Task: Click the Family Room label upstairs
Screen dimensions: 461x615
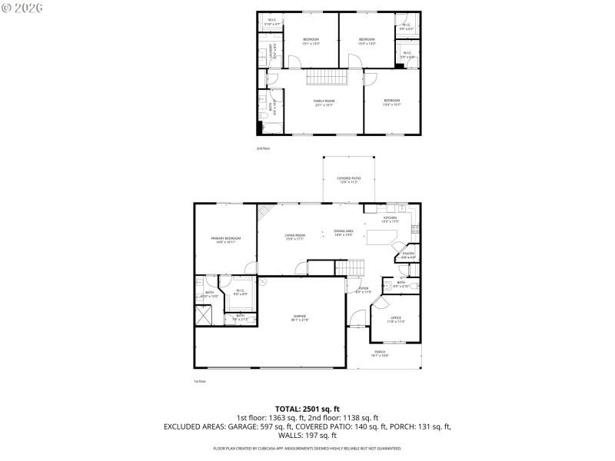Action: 324,103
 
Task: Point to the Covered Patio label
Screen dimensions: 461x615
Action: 349,181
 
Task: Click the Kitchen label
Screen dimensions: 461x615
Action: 391,220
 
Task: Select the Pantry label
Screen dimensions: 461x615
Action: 408,255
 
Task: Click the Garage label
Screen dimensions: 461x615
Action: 300,317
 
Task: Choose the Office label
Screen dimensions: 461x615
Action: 395,320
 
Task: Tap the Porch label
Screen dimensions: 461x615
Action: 380,354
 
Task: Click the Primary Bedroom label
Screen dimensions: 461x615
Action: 226,240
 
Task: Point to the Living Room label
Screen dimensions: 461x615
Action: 295,237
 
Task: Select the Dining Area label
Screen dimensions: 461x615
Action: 343,233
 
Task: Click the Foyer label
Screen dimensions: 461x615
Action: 363,290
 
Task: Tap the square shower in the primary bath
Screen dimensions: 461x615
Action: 204,315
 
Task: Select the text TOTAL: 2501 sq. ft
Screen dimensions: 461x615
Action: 307,409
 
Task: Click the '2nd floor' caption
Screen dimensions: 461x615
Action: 263,148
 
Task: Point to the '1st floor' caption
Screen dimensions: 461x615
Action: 200,380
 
